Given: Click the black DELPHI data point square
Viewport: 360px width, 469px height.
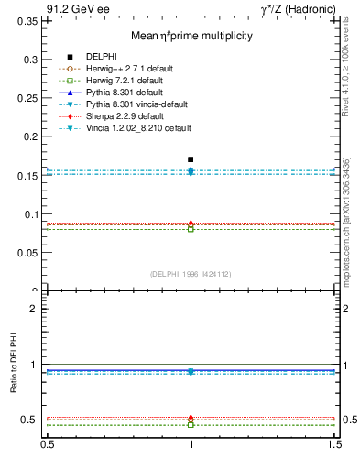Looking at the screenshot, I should [x=191, y=159].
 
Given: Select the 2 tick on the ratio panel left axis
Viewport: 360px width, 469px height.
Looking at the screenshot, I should [x=34, y=309].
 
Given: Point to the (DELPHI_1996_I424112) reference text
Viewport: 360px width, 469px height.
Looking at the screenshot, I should [x=191, y=273].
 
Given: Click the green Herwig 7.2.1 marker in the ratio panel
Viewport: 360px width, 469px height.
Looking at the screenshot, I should [x=191, y=425].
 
